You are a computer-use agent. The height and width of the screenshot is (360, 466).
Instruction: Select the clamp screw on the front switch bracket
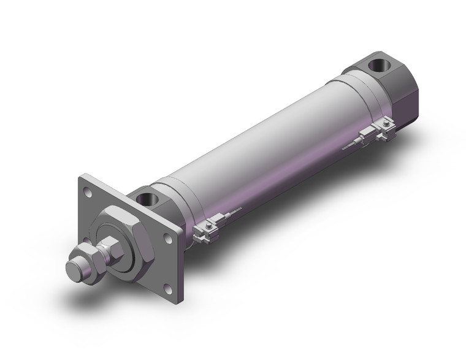210,228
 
